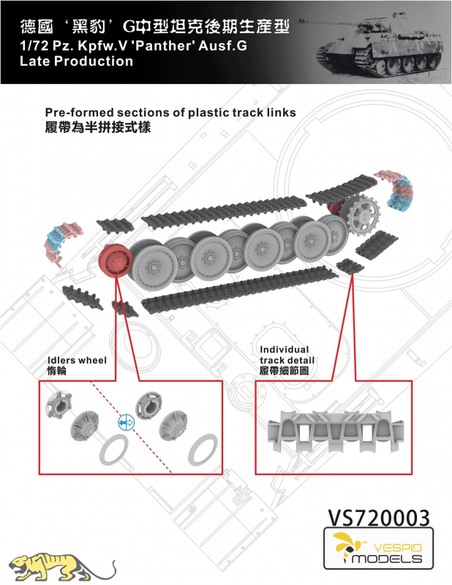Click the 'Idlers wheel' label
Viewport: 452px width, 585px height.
point(75,361)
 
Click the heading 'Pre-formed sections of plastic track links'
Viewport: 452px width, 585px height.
point(170,113)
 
